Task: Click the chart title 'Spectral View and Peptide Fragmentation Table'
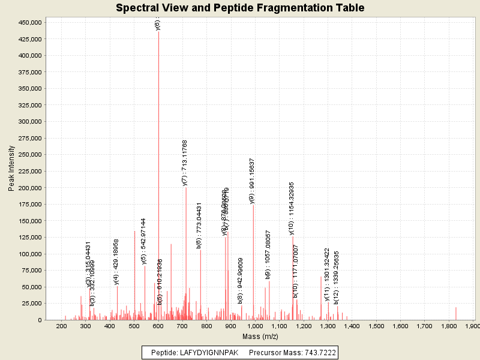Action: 240,8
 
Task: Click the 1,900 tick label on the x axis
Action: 473,326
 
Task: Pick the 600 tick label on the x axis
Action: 158,326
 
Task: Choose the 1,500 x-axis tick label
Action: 376,326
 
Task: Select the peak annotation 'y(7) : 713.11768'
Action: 185,163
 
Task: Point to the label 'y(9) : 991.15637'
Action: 252,181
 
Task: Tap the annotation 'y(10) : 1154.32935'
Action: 292,208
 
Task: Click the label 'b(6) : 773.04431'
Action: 199,226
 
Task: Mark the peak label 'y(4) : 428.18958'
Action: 116,262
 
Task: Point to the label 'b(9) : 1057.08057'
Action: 268,255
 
